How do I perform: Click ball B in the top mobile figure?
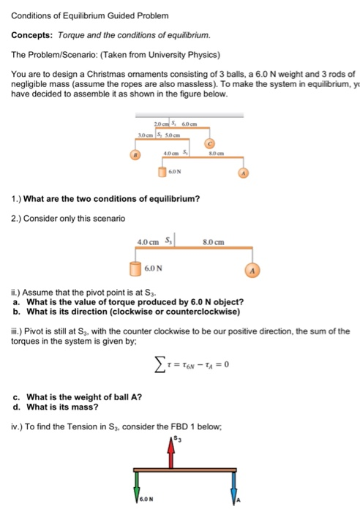coord(134,155)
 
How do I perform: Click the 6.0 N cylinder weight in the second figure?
coord(135,268)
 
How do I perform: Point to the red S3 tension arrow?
coord(171,453)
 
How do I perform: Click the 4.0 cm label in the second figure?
coord(148,242)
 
